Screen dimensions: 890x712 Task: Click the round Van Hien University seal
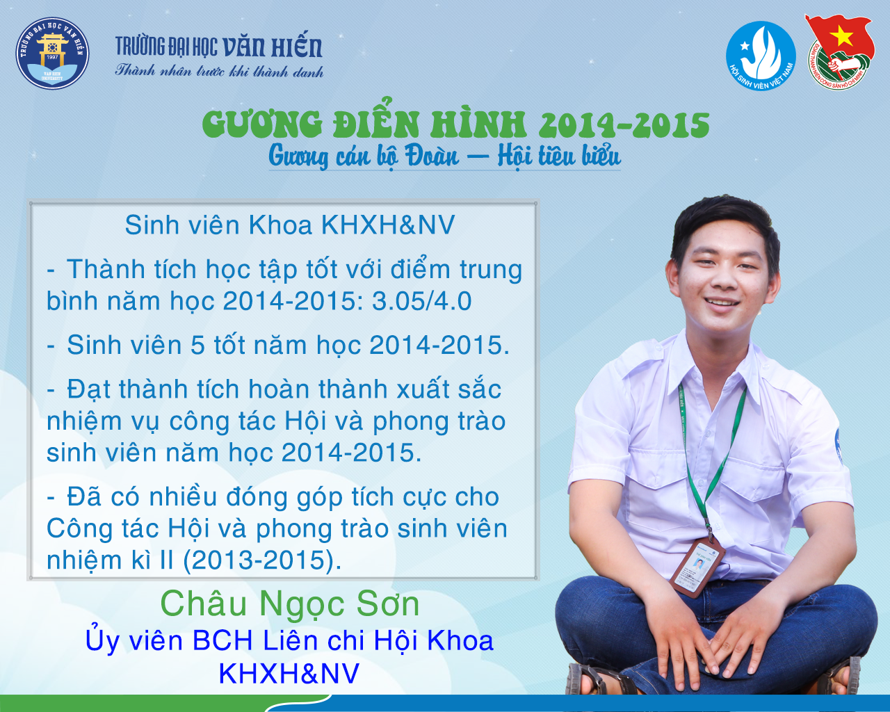coord(53,53)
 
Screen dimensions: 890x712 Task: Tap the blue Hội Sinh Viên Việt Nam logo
coord(761,56)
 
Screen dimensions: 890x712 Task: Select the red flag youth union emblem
coord(839,51)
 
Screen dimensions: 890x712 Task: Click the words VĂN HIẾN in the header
coord(272,47)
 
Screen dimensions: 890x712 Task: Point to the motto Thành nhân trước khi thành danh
coord(219,71)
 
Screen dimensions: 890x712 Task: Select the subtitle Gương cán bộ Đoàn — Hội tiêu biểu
coord(444,157)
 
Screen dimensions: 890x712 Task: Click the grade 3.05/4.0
coord(422,301)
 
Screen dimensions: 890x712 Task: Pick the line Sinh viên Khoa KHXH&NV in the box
coord(290,225)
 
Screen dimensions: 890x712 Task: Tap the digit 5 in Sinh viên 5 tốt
coord(197,345)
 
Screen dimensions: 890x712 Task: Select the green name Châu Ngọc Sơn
coord(290,604)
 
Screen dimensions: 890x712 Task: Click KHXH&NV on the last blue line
coord(289,674)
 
